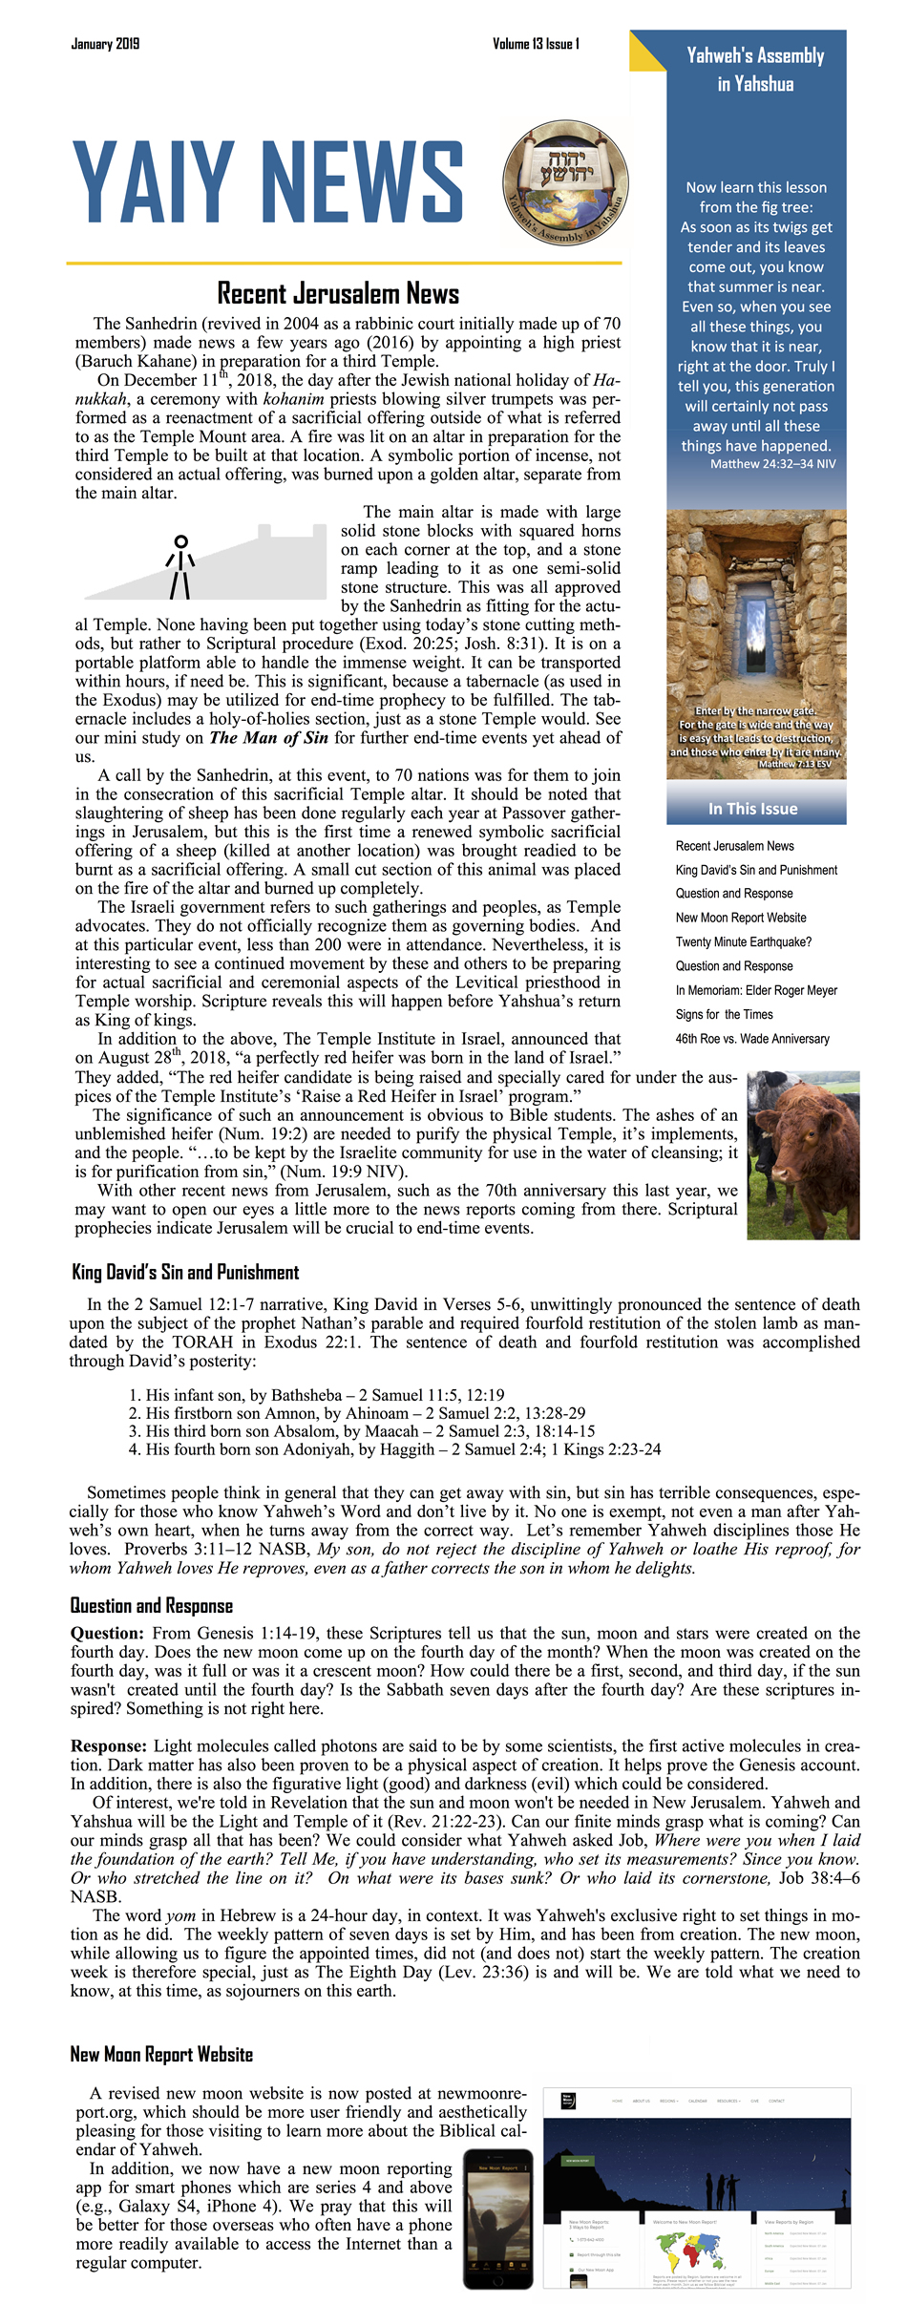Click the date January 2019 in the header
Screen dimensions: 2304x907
pos(105,44)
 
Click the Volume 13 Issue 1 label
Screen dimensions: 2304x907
pos(536,44)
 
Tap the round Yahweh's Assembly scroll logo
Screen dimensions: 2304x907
pos(565,181)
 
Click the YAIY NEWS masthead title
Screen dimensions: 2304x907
pos(268,182)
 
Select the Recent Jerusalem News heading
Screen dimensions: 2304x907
pos(338,293)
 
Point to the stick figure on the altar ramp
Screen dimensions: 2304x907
pos(180,567)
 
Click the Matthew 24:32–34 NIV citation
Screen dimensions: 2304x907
pos(772,464)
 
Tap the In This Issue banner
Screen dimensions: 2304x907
pos(753,809)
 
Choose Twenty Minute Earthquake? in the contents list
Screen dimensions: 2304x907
pos(743,941)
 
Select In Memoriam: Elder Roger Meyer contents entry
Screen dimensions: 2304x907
pos(756,990)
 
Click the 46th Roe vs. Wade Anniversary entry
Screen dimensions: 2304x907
pos(752,1039)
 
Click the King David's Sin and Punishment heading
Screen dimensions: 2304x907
pos(185,1272)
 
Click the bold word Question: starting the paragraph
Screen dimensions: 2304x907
pos(107,1634)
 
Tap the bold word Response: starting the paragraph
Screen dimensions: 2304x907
pos(109,1746)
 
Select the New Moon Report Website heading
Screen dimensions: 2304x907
pos(161,2053)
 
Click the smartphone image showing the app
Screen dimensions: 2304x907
pos(497,2217)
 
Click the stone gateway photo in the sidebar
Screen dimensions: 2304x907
pos(756,642)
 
